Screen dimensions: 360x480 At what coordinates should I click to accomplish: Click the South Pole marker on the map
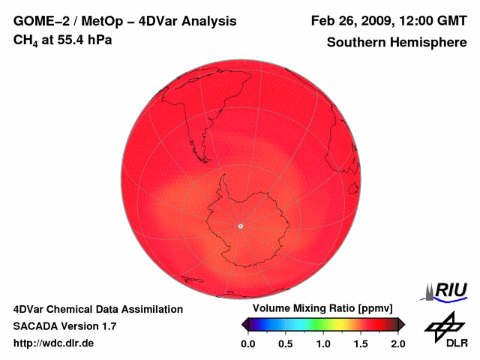(x=240, y=226)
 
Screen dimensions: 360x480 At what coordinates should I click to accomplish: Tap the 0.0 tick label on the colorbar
(x=248, y=343)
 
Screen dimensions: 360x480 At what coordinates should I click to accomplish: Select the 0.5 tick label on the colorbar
(x=286, y=343)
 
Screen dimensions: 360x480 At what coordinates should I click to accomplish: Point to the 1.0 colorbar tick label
(x=323, y=343)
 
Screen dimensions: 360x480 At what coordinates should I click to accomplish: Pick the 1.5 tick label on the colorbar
(x=361, y=343)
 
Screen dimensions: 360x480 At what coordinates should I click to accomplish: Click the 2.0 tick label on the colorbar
(x=397, y=343)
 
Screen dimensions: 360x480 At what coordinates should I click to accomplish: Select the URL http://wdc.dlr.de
(x=54, y=343)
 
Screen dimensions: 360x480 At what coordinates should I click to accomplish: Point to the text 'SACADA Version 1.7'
(x=64, y=326)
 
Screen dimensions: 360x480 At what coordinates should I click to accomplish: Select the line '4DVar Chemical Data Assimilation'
(x=98, y=309)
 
